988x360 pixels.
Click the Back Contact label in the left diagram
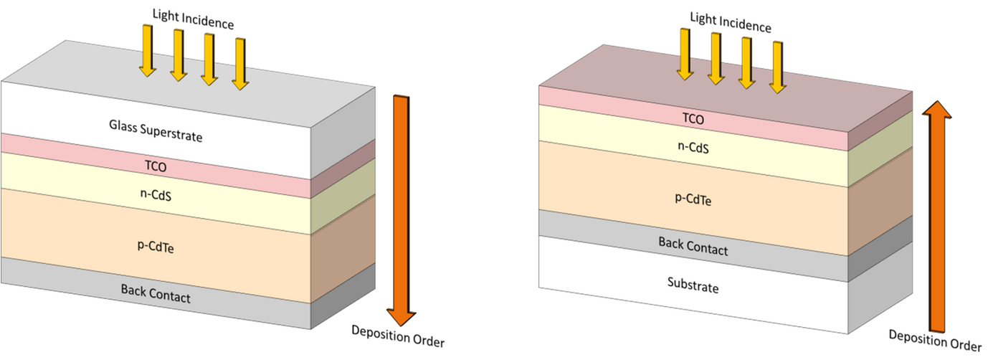pyautogui.click(x=155, y=293)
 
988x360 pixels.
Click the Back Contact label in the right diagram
pyautogui.click(x=693, y=245)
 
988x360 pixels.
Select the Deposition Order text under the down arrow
pyautogui.click(x=398, y=336)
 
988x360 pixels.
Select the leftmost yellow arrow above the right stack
pyautogui.click(x=685, y=55)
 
